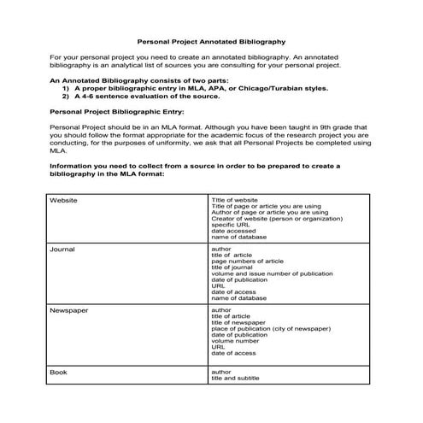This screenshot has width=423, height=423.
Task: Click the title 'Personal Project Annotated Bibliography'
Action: point(211,40)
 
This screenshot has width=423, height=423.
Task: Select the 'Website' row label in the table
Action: point(64,200)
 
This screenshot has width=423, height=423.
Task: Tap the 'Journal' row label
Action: point(62,250)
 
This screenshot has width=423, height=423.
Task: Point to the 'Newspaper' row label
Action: point(68,310)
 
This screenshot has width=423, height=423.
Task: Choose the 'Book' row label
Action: point(58,373)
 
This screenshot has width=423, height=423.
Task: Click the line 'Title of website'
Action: point(233,200)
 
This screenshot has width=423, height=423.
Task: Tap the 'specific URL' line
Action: point(229,225)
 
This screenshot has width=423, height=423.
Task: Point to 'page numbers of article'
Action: point(247,261)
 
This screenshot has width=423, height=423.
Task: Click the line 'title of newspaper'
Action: point(237,322)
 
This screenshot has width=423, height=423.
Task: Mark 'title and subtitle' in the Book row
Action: point(236,379)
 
